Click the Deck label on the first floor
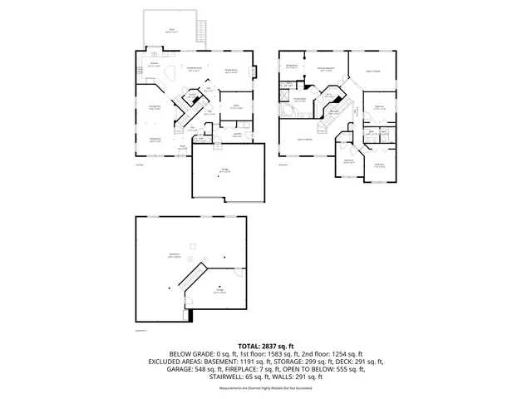tap(172, 29)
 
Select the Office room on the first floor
tap(236, 106)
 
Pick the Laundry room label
tap(237, 135)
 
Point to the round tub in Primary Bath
tap(297, 110)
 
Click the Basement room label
tap(174, 257)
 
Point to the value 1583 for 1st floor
tap(254, 353)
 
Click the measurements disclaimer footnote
tap(266, 388)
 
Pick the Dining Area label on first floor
tap(155, 106)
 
